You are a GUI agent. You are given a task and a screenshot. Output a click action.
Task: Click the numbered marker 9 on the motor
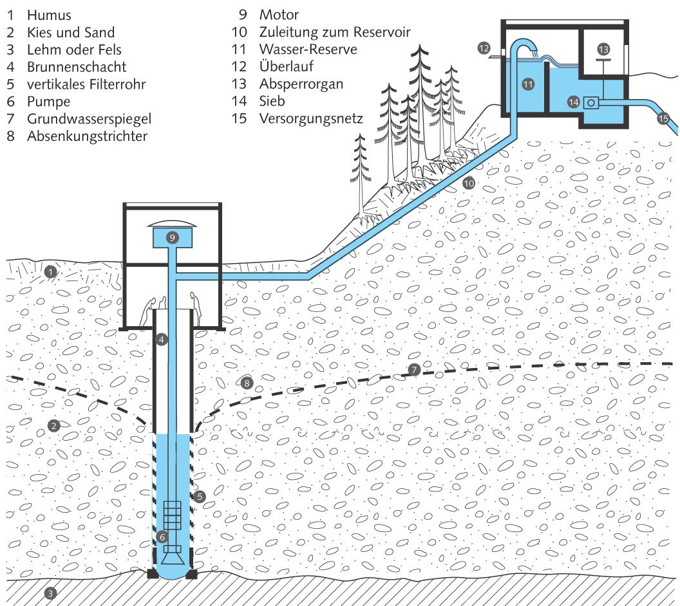172,237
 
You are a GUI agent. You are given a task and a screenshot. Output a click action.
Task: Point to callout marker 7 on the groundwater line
415,369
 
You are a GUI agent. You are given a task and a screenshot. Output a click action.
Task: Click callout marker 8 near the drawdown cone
245,383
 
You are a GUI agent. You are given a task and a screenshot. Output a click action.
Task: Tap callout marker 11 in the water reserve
527,84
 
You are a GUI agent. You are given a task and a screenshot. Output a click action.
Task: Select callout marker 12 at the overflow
484,47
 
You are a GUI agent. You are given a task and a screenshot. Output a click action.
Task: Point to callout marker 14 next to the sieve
573,101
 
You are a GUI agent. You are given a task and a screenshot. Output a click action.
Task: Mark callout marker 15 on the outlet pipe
663,118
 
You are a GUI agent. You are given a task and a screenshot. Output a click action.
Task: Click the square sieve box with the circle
591,102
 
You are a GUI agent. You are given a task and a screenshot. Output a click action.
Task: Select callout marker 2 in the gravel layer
55,425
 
